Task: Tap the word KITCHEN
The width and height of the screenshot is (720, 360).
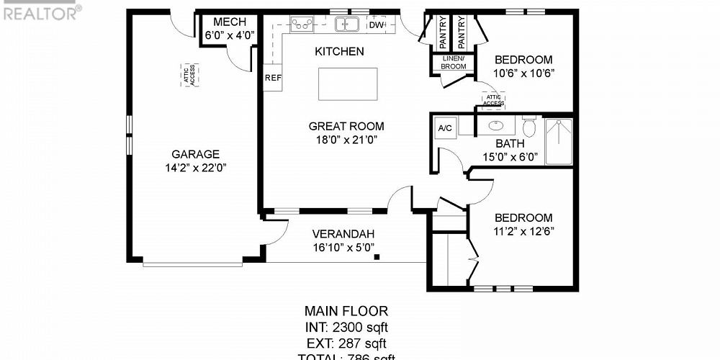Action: [x=339, y=52]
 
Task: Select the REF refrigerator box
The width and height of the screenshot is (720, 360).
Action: [x=273, y=78]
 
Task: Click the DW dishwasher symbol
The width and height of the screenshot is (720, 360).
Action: [x=377, y=24]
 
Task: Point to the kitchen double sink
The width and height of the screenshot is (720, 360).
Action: [x=347, y=24]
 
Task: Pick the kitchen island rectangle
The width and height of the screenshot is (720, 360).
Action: [x=348, y=84]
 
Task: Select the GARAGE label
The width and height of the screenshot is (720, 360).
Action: [x=195, y=154]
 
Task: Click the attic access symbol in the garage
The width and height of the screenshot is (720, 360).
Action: [x=191, y=76]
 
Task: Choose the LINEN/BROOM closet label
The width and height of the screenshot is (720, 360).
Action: [x=454, y=63]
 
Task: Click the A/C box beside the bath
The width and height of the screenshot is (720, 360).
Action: [x=445, y=128]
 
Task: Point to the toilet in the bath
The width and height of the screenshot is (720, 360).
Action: [x=530, y=127]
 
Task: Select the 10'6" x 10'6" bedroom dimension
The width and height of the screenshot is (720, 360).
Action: [x=523, y=73]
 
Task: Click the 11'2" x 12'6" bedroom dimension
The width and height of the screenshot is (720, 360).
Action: [x=523, y=231]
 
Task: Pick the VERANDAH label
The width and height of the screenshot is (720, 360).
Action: [x=343, y=234]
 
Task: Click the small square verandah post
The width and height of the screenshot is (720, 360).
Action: [x=377, y=255]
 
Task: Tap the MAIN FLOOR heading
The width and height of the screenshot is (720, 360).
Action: [x=346, y=312]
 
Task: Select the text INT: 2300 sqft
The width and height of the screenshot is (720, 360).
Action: [x=346, y=328]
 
